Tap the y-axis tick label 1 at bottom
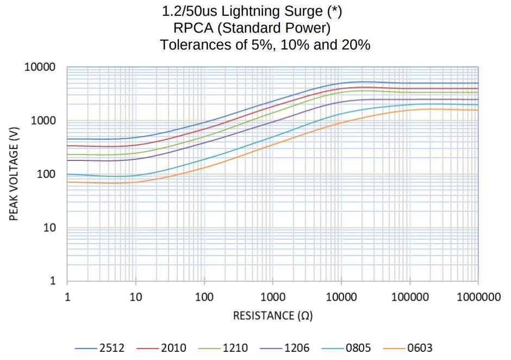pos(53,281)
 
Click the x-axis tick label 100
pos(204,297)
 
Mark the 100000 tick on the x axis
pos(409,297)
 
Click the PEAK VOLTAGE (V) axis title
pos(15,174)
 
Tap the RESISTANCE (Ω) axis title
pos(272,316)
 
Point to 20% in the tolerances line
pos(356,45)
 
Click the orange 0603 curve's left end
pos(67,182)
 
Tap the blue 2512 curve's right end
pos(477,83)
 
